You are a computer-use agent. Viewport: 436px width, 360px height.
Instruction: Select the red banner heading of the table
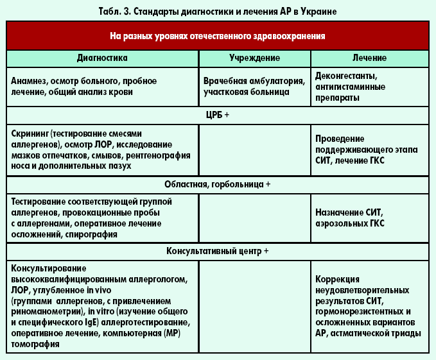point(218,37)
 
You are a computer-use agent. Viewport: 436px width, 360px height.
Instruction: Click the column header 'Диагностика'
point(102,58)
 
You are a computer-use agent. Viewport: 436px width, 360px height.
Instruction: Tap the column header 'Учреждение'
point(255,58)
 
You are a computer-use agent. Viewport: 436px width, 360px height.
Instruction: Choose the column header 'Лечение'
point(369,58)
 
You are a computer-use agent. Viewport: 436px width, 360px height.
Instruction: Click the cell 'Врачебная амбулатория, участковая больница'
point(254,87)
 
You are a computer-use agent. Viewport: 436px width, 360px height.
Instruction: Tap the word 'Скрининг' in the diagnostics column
point(31,133)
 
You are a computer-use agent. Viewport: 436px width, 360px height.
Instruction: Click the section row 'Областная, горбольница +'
point(218,184)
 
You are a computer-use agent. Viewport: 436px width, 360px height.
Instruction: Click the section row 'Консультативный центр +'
point(218,252)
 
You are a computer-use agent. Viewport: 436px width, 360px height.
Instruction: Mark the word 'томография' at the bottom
point(36,345)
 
